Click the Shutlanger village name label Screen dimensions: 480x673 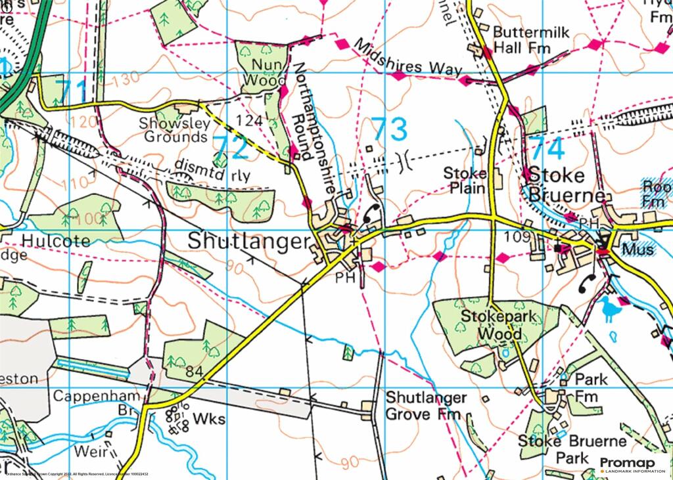[x=248, y=241]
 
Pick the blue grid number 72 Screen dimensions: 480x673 [x=231, y=148]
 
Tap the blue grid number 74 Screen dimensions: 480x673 [x=547, y=150]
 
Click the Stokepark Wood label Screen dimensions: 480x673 [x=492, y=325]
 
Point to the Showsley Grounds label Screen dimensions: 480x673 [x=174, y=130]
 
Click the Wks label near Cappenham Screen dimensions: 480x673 [x=212, y=418]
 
